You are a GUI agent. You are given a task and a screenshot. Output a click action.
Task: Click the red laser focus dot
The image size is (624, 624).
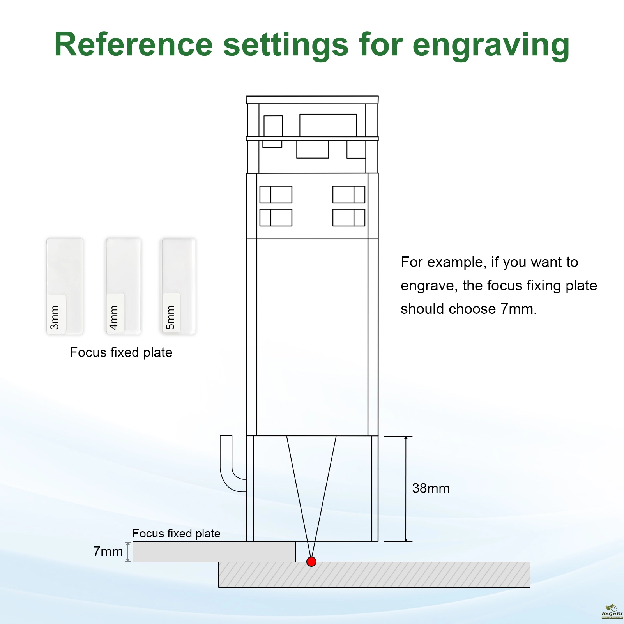[311, 562]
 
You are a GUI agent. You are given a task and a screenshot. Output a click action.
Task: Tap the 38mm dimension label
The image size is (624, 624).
[431, 488]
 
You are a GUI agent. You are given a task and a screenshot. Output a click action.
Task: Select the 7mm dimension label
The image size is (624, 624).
[108, 552]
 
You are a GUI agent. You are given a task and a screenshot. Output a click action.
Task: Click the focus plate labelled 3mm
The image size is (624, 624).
[65, 286]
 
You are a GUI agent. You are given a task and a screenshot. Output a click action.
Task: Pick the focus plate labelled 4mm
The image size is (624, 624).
[124, 286]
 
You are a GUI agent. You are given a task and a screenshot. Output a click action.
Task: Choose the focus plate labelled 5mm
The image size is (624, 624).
[179, 286]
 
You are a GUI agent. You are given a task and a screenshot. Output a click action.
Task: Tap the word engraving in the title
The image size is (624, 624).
[491, 45]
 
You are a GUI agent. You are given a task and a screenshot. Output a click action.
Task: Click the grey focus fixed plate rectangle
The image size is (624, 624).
[214, 552]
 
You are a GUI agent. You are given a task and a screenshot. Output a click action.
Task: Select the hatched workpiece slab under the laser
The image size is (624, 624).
[374, 575]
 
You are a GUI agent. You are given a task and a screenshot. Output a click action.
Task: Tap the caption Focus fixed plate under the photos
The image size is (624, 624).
[121, 352]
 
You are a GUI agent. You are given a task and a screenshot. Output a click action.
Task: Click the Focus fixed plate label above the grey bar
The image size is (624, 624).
[176, 533]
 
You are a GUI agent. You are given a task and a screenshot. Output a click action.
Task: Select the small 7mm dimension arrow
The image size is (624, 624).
[128, 552]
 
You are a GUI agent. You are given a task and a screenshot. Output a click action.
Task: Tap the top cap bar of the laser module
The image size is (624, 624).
[312, 100]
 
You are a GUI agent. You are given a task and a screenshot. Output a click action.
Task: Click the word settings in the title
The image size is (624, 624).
[285, 45]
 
